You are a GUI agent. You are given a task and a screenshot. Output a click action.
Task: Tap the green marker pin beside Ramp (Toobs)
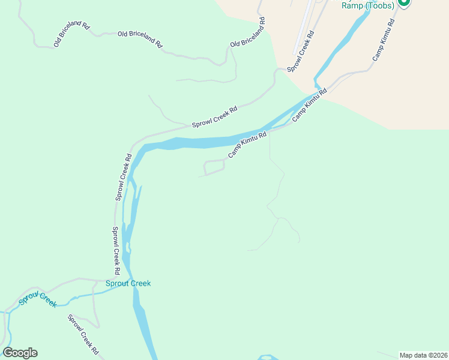click(405, 2)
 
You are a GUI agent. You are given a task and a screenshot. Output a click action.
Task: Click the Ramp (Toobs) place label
click(367, 5)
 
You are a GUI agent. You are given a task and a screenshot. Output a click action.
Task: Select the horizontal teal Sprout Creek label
click(128, 283)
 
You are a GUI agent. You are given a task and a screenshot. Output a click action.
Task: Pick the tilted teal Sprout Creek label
click(37, 299)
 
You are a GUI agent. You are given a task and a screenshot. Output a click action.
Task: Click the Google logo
click(20, 353)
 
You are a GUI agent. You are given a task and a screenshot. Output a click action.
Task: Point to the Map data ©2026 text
click(423, 355)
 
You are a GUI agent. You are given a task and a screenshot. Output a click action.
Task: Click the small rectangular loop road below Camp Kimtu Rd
click(214, 167)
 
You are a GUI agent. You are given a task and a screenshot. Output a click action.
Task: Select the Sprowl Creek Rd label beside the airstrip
click(301, 53)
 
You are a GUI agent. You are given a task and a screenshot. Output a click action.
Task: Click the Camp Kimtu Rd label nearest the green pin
click(384, 40)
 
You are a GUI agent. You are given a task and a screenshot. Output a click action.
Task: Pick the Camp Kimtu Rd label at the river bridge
click(310, 106)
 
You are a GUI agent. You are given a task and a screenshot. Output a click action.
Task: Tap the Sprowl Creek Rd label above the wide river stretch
click(214, 117)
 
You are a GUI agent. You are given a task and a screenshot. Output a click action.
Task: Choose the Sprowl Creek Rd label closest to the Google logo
click(83, 334)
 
